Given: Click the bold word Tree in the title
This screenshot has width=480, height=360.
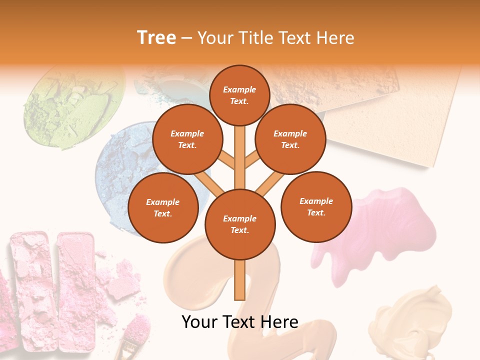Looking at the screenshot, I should click(x=156, y=37).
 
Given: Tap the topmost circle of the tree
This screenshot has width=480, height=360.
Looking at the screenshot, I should click(x=239, y=95).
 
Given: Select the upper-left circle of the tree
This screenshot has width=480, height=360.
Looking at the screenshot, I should click(x=187, y=139).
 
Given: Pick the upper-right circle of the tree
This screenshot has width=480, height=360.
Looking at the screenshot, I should click(x=290, y=139).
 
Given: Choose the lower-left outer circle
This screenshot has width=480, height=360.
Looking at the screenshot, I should click(x=162, y=208).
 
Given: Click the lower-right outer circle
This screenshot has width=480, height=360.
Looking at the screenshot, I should click(x=316, y=207).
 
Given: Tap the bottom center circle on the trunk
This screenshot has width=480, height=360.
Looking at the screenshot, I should click(x=240, y=224).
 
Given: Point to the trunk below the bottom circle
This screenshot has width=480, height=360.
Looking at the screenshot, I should click(x=240, y=280).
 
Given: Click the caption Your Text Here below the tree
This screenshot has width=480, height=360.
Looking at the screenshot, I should click(x=240, y=322).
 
